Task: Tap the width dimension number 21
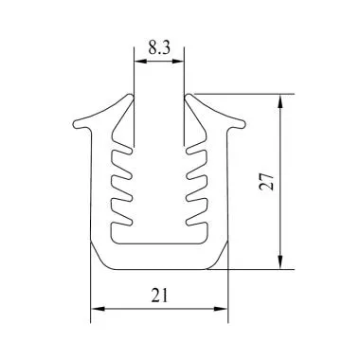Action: [160, 297]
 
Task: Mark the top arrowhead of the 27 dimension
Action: [281, 98]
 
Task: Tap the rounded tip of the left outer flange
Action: [75, 122]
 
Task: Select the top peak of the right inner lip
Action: [192, 96]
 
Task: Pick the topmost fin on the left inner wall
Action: [120, 152]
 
